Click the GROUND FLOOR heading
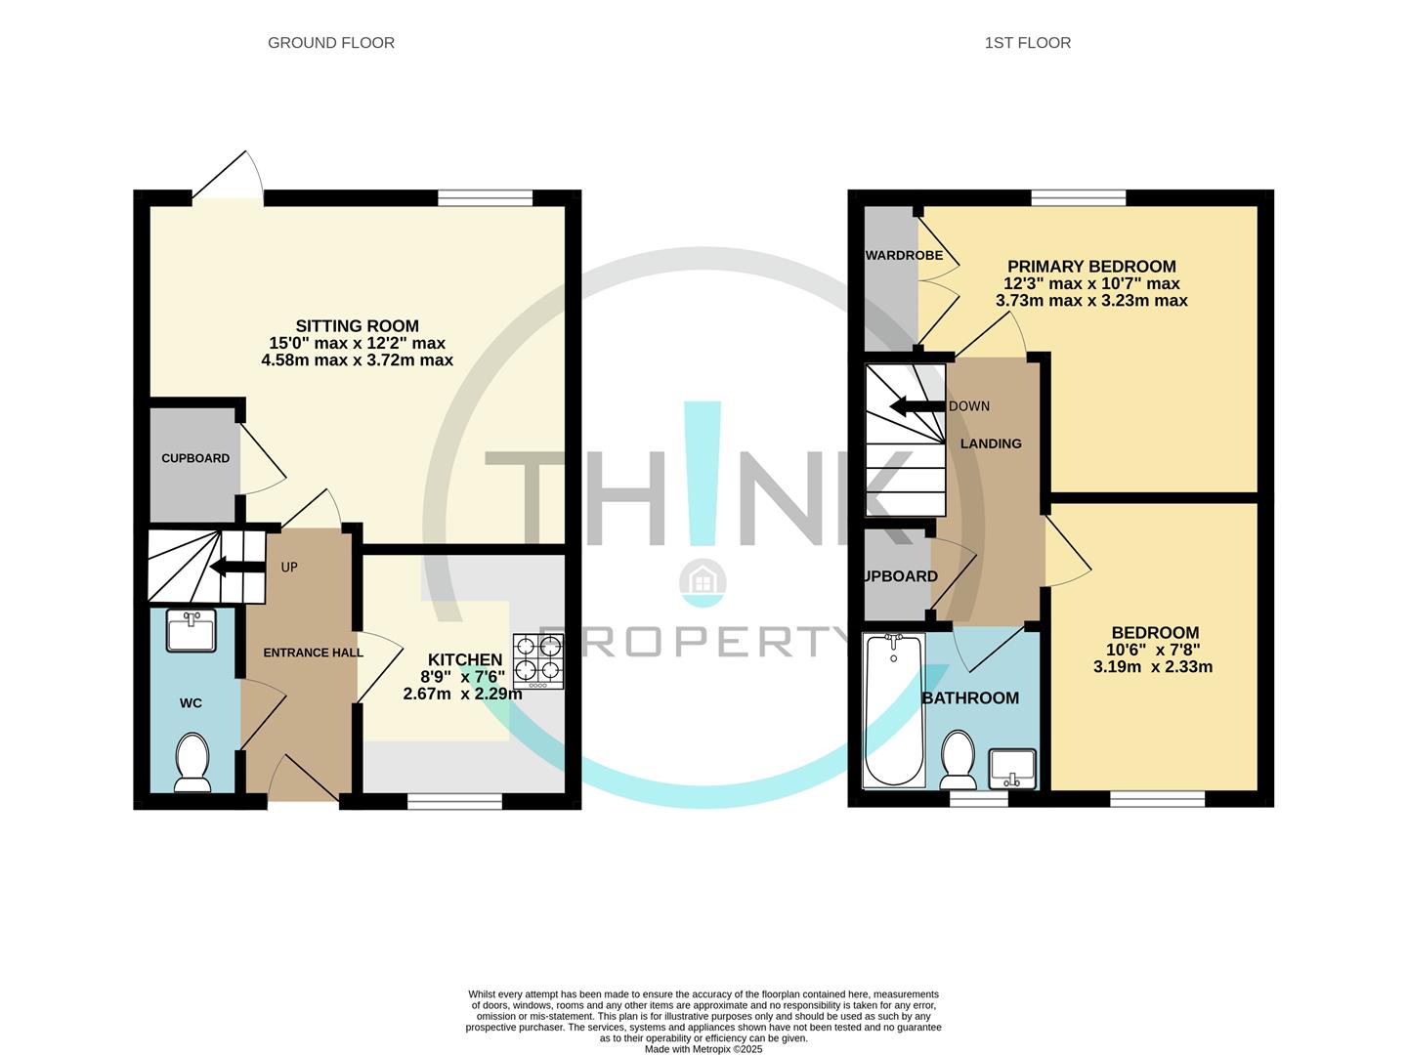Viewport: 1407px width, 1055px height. click(x=331, y=43)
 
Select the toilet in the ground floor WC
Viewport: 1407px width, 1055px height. click(x=192, y=763)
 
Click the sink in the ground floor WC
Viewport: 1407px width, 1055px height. click(x=192, y=631)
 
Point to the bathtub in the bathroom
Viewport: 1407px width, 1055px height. click(x=893, y=710)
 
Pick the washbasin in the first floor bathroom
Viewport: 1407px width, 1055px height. click(x=1013, y=769)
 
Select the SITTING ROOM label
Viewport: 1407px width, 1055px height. click(x=358, y=326)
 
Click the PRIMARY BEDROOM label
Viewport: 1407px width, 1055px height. click(x=1091, y=267)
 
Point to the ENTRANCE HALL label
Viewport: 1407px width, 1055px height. click(x=313, y=653)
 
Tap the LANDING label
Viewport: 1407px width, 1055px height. click(x=991, y=443)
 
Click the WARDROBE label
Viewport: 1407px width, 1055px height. click(x=905, y=256)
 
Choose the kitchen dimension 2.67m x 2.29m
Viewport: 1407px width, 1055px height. click(x=462, y=694)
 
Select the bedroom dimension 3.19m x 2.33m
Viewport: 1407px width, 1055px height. click(x=1153, y=667)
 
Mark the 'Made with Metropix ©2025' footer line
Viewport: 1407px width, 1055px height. click(x=703, y=1049)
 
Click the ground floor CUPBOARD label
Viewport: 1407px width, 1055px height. click(x=195, y=458)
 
